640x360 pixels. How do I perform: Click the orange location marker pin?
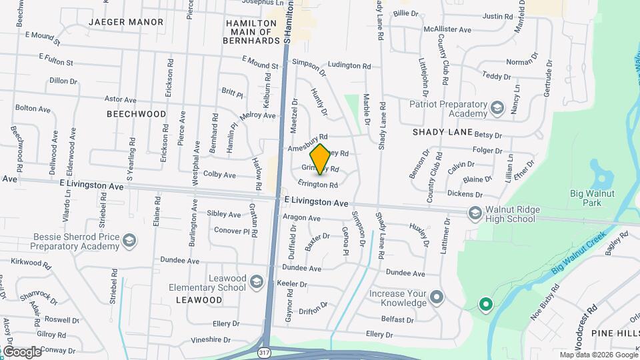[321, 159]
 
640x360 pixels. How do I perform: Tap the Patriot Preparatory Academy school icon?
[497, 108]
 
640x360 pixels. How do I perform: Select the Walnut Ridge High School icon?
[475, 213]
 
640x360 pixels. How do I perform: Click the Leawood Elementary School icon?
[256, 283]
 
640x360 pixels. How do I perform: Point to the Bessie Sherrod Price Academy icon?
[129, 240]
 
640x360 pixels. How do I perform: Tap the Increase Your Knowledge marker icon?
[437, 296]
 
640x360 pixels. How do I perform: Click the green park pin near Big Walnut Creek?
[486, 305]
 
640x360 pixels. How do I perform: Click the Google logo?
[22, 351]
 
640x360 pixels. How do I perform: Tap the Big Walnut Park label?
[591, 198]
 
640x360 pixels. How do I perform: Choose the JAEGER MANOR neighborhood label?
[126, 22]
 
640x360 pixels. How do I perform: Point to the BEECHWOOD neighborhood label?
[137, 114]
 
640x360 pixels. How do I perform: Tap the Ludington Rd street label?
[349, 66]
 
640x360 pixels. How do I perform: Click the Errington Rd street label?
[318, 185]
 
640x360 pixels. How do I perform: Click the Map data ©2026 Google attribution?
[597, 355]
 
